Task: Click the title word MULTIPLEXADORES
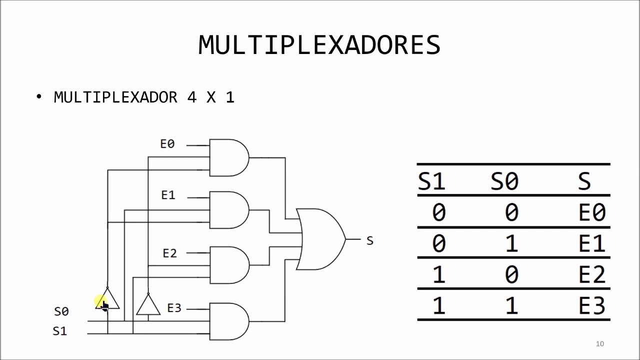(x=319, y=45)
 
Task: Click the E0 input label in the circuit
(x=167, y=144)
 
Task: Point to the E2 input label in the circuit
(x=170, y=253)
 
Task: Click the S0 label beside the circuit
(x=61, y=311)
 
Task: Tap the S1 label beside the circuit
(x=59, y=331)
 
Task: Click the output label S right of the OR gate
(x=369, y=241)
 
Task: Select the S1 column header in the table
(x=431, y=180)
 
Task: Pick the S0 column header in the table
(x=504, y=180)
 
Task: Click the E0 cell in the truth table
(x=592, y=212)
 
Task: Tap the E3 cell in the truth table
(x=592, y=305)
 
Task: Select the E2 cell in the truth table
(x=592, y=274)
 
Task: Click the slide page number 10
(x=600, y=343)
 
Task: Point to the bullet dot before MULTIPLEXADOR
(x=39, y=96)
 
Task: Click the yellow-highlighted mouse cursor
(x=102, y=303)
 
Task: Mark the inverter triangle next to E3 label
(x=148, y=305)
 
